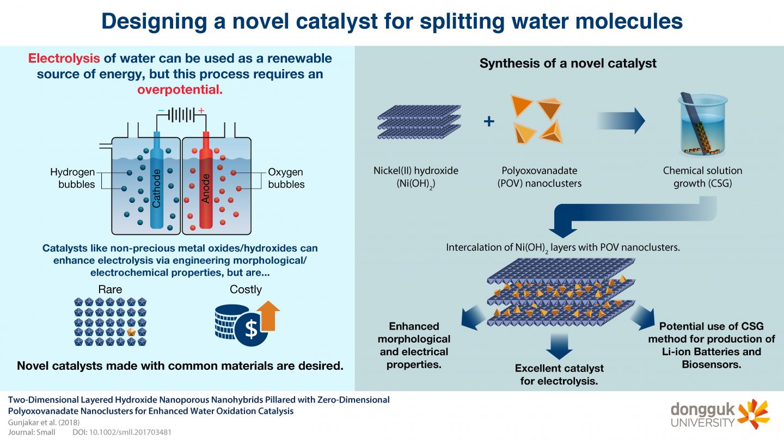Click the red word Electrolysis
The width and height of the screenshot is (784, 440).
coord(64,58)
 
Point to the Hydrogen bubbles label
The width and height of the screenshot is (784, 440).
coord(73,178)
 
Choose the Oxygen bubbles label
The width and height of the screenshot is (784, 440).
coord(286,178)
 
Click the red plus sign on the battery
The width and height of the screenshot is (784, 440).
coord(201,111)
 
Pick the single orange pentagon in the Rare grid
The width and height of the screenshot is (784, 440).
coord(131,331)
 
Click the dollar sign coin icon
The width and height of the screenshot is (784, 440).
coord(251,330)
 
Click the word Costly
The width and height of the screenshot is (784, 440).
coord(246,289)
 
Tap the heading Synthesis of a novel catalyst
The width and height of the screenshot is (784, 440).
coord(568,63)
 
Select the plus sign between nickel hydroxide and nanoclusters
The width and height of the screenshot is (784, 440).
coord(489,121)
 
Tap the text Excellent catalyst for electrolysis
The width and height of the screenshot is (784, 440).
coord(559,375)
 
